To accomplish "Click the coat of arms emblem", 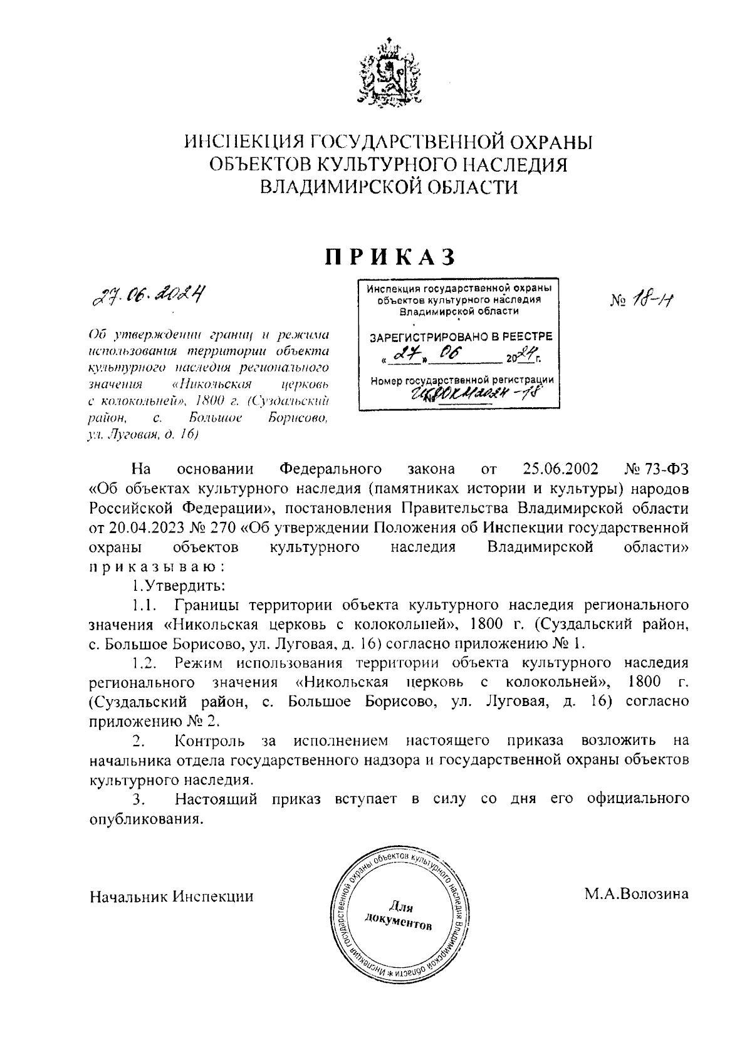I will coord(388,74).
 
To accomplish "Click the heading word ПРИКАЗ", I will coord(388,256).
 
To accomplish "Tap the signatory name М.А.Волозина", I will coord(637,894).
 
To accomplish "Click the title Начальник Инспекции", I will coord(172,896).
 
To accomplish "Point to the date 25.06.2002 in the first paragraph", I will coord(560,469).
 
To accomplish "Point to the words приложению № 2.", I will coord(155,720).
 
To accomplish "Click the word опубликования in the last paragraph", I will coord(147,818).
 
